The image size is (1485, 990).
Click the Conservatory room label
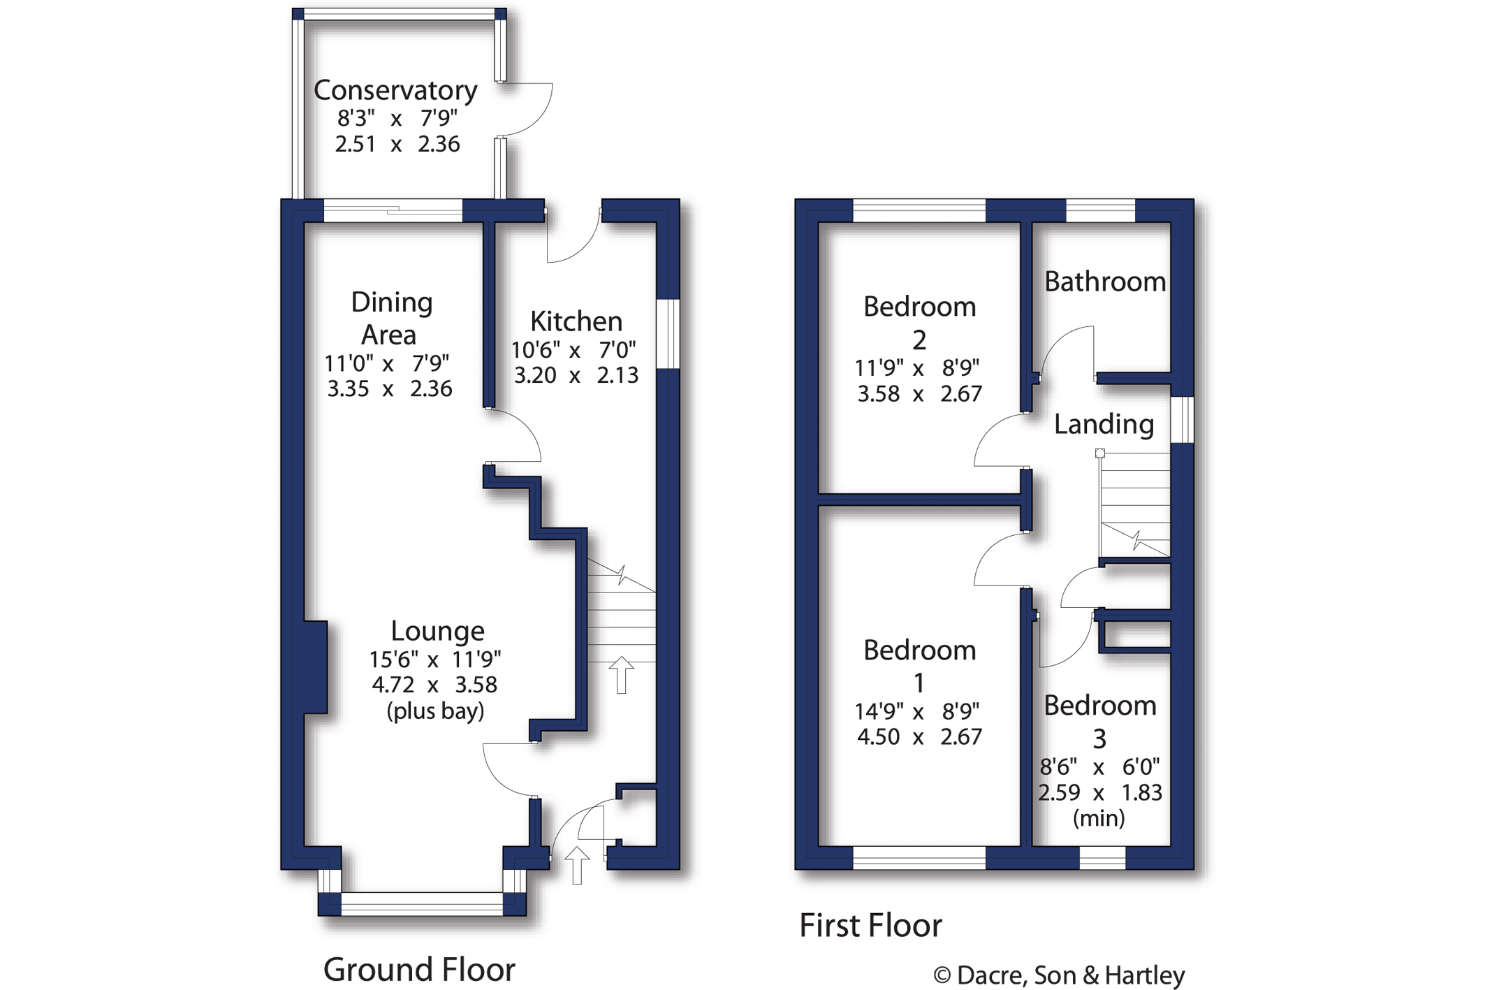tap(395, 90)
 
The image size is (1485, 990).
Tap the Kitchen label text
tap(576, 321)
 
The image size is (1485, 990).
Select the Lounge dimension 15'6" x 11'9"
tap(434, 659)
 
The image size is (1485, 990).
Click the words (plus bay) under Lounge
tap(434, 711)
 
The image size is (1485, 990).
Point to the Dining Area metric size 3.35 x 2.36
tap(390, 388)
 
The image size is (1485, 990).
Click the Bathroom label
tap(1104, 282)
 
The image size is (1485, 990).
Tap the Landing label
tap(1103, 424)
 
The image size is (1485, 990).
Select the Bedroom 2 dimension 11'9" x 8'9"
tap(919, 367)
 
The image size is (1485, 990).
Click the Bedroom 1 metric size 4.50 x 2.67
tap(919, 737)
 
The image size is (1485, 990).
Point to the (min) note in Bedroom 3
tap(1098, 818)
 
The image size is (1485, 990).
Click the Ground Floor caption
tap(418, 970)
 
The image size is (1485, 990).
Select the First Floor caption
tap(870, 926)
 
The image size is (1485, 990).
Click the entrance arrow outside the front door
tap(576, 865)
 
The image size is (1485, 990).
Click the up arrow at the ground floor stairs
tap(621, 674)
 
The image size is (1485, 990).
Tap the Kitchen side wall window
tap(668, 334)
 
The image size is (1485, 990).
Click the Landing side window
tap(1183, 419)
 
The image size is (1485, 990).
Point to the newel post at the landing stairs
tap(1099, 453)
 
